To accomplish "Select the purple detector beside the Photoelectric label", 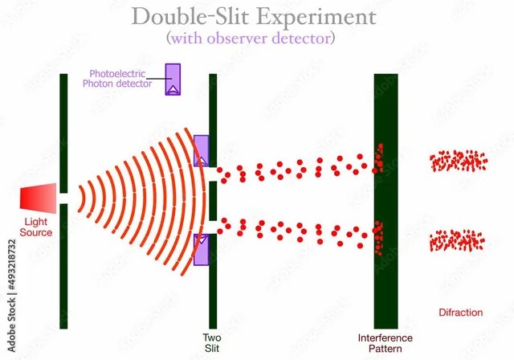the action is pos(173,79).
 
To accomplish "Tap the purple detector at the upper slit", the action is pos(201,151).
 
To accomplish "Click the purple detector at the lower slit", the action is pos(200,247).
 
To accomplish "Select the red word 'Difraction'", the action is pos(460,313).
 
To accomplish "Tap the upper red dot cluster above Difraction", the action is pos(458,162).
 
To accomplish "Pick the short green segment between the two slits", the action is pos(213,200).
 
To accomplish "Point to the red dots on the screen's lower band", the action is pos(378,238).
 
